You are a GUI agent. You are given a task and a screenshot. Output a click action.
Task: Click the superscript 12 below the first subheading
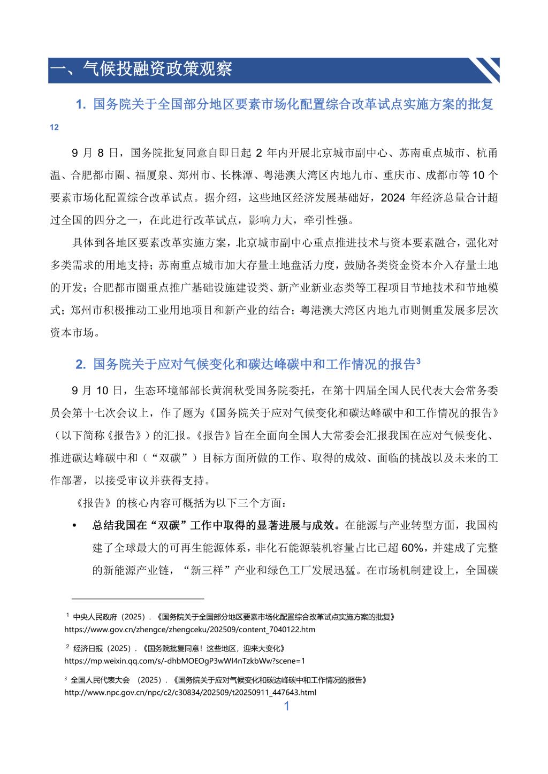click(x=54, y=127)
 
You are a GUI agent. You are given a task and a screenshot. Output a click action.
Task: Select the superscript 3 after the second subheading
click(x=418, y=361)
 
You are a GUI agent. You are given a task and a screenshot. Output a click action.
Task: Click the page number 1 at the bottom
click(x=286, y=706)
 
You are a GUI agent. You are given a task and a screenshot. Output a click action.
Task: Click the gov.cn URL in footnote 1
click(x=189, y=630)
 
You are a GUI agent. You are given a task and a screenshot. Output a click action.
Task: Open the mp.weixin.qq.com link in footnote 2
click(x=185, y=661)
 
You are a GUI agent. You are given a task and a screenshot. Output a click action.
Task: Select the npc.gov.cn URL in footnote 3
click(x=190, y=693)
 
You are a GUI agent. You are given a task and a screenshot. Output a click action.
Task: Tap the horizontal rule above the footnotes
click(x=138, y=599)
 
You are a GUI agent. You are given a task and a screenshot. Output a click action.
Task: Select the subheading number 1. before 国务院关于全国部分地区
click(x=81, y=105)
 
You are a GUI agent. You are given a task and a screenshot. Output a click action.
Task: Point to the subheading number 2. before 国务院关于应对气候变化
click(x=81, y=365)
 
